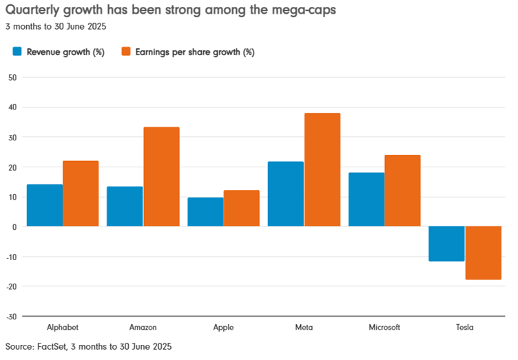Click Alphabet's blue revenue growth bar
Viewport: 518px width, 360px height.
(45, 205)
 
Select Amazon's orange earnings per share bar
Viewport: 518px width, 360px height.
(161, 177)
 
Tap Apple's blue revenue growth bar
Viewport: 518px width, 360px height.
(205, 212)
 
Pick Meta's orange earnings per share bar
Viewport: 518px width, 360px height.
(322, 169)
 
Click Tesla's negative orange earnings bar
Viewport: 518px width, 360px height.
(484, 253)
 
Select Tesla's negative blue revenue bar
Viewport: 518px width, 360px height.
(447, 244)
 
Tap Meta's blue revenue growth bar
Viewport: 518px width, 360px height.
(286, 194)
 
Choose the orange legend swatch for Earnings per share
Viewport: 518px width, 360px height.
(125, 52)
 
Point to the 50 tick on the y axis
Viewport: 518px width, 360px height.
(12, 77)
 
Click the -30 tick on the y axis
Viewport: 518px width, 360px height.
(11, 317)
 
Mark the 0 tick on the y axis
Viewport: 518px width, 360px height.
(14, 226)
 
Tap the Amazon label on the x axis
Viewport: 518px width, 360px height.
(143, 328)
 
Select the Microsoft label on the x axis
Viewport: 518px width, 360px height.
(384, 328)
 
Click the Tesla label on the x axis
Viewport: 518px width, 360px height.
(465, 328)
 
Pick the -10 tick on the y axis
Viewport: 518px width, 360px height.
(11, 257)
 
